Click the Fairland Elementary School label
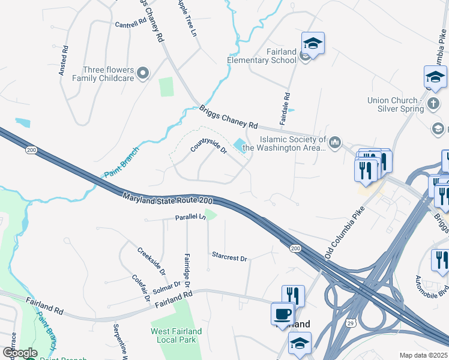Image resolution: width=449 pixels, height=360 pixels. pos(262,56)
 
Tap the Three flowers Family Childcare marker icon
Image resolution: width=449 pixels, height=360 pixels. pos(143,74)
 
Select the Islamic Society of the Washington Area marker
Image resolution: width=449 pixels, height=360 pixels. pos(335,143)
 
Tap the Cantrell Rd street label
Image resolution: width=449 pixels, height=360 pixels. pos(131,24)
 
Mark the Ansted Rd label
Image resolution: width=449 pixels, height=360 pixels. pos(63,61)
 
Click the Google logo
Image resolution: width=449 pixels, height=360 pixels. pos(20,353)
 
